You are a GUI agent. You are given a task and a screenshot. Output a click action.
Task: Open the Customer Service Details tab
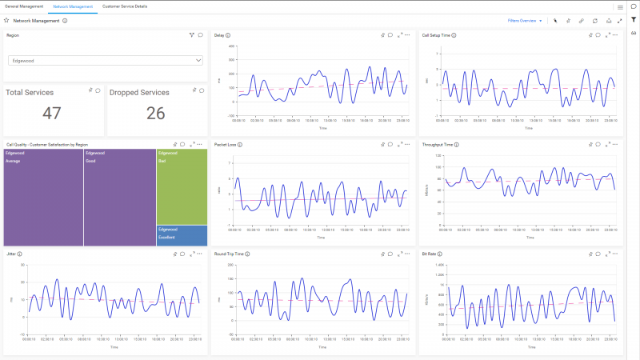coord(125,6)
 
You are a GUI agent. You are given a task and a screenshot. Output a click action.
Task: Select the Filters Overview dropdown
coord(525,21)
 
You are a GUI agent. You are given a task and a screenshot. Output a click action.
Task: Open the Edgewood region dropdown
coord(106,60)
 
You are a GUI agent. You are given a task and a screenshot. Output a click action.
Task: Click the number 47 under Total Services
coord(52,114)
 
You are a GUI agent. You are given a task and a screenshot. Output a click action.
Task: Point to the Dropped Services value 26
coord(156,114)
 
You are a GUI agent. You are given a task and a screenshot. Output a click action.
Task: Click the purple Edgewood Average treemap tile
coord(43,200)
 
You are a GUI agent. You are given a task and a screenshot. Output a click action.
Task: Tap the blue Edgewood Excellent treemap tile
coord(182,235)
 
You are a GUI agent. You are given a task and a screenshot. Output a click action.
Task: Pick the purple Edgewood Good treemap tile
coord(120,200)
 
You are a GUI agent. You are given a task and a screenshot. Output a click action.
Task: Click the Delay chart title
coord(219,35)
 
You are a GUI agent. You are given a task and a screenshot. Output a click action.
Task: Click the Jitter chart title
coord(11,254)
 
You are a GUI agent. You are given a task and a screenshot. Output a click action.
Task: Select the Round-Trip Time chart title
coord(230,254)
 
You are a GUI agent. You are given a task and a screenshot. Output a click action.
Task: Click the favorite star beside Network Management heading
coord(6,21)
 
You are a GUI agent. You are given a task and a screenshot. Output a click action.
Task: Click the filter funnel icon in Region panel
coord(192,35)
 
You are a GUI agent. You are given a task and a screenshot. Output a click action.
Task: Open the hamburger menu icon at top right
coord(620,7)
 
